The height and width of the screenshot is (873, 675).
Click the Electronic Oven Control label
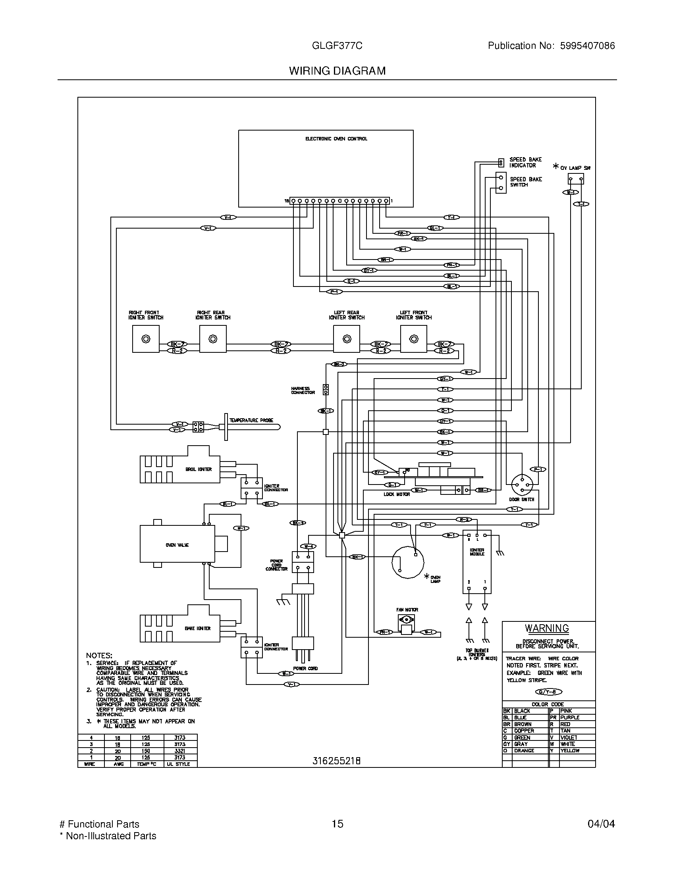(x=336, y=139)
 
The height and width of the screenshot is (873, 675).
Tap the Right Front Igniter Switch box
(x=146, y=339)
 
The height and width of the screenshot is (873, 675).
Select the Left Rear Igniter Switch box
(x=346, y=339)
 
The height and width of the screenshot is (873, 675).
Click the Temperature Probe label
(x=251, y=420)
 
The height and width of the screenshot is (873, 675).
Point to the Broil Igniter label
(x=199, y=469)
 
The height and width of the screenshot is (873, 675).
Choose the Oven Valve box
(x=177, y=545)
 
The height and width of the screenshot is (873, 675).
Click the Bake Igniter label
(x=198, y=629)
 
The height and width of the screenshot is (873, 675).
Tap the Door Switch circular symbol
(x=522, y=485)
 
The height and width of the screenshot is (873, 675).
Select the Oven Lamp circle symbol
(x=407, y=562)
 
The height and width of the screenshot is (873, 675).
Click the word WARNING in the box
(x=547, y=629)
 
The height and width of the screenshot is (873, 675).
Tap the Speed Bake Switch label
(x=525, y=182)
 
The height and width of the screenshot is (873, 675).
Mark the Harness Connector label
(x=303, y=390)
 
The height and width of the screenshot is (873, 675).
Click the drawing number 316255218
(x=337, y=761)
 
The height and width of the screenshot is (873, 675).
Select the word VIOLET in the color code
(x=569, y=738)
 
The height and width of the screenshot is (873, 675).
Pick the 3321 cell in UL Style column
(x=180, y=751)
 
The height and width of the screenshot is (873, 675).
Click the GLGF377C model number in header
(x=337, y=46)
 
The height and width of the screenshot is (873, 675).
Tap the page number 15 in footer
(x=337, y=824)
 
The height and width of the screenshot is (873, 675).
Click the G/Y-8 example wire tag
(x=548, y=692)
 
